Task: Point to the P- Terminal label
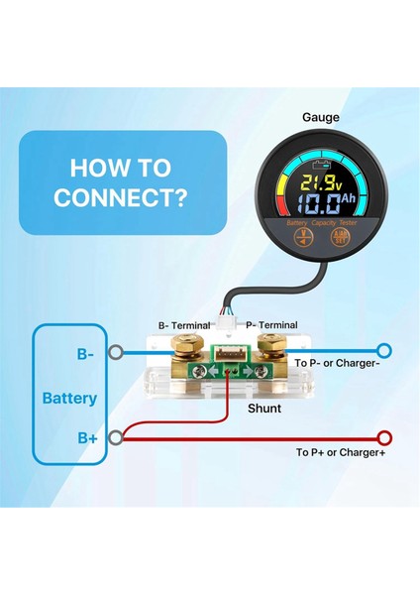point(270,324)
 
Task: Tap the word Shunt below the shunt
point(264,408)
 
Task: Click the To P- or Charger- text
point(337,364)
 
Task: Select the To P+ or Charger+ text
point(341,452)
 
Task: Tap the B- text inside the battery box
point(86,351)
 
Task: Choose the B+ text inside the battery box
point(86,437)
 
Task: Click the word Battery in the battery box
point(69,399)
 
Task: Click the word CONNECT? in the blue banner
point(121,197)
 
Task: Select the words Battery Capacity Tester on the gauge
point(315,224)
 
